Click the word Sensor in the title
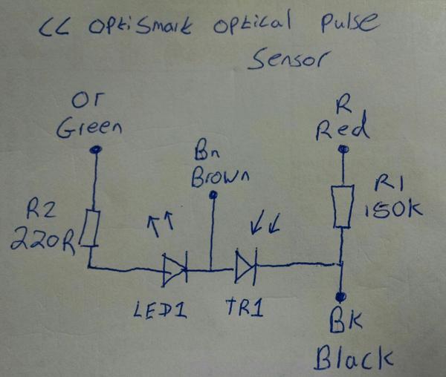[x=287, y=59]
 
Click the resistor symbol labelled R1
[x=343, y=207]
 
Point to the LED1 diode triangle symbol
[x=172, y=269]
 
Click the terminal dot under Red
[x=343, y=149]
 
